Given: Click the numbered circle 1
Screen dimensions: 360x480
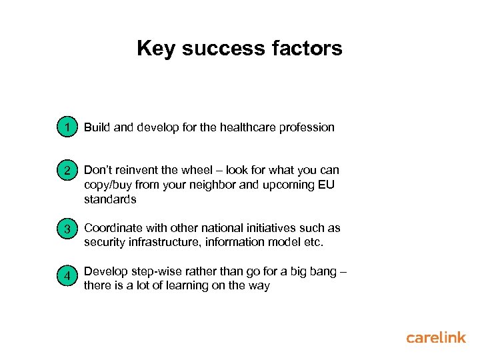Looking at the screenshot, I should click(x=68, y=127).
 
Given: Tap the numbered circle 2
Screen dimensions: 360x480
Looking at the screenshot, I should click(x=68, y=171).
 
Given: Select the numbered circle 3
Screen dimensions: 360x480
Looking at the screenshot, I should click(x=68, y=230).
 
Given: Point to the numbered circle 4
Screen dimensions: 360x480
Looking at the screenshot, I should click(x=68, y=274).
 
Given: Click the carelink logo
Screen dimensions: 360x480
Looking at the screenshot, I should click(x=436, y=338).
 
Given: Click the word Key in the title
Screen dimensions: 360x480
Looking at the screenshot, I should click(x=156, y=49).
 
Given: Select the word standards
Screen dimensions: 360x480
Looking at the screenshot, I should click(x=110, y=199).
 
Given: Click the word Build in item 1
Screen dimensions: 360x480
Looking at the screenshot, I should click(x=97, y=127).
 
